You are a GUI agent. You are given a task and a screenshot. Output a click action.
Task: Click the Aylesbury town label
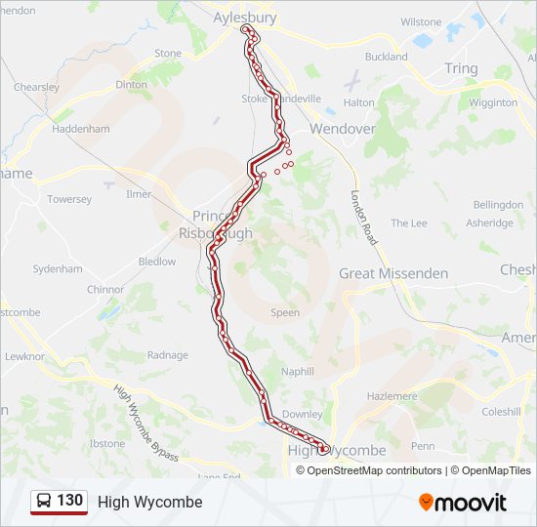click(245, 18)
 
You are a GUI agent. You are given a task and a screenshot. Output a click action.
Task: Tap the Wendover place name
click(342, 128)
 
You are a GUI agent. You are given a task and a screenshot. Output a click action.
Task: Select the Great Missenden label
click(393, 273)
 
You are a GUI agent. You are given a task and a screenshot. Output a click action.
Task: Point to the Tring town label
click(461, 68)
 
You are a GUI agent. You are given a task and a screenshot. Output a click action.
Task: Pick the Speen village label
click(285, 313)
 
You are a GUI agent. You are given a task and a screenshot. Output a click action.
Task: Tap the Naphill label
click(298, 372)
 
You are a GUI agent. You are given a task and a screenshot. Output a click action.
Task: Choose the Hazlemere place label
click(391, 396)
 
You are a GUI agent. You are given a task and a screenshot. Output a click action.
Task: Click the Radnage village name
click(167, 355)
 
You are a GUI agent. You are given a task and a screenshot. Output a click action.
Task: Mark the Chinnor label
click(105, 290)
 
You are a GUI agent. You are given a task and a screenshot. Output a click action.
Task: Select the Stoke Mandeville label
click(281, 99)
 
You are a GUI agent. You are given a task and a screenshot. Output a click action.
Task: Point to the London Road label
click(364, 217)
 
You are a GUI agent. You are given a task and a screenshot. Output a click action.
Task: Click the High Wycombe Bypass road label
click(146, 424)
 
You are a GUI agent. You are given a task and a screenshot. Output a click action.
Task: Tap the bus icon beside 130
click(43, 502)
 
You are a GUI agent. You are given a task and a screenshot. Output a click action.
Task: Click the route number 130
click(69, 501)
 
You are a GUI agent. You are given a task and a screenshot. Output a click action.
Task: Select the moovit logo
click(463, 503)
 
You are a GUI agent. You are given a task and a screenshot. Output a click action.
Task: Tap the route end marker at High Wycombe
click(322, 450)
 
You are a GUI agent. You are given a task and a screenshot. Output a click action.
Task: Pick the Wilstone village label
click(421, 21)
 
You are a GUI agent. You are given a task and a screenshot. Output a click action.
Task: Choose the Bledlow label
click(157, 262)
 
